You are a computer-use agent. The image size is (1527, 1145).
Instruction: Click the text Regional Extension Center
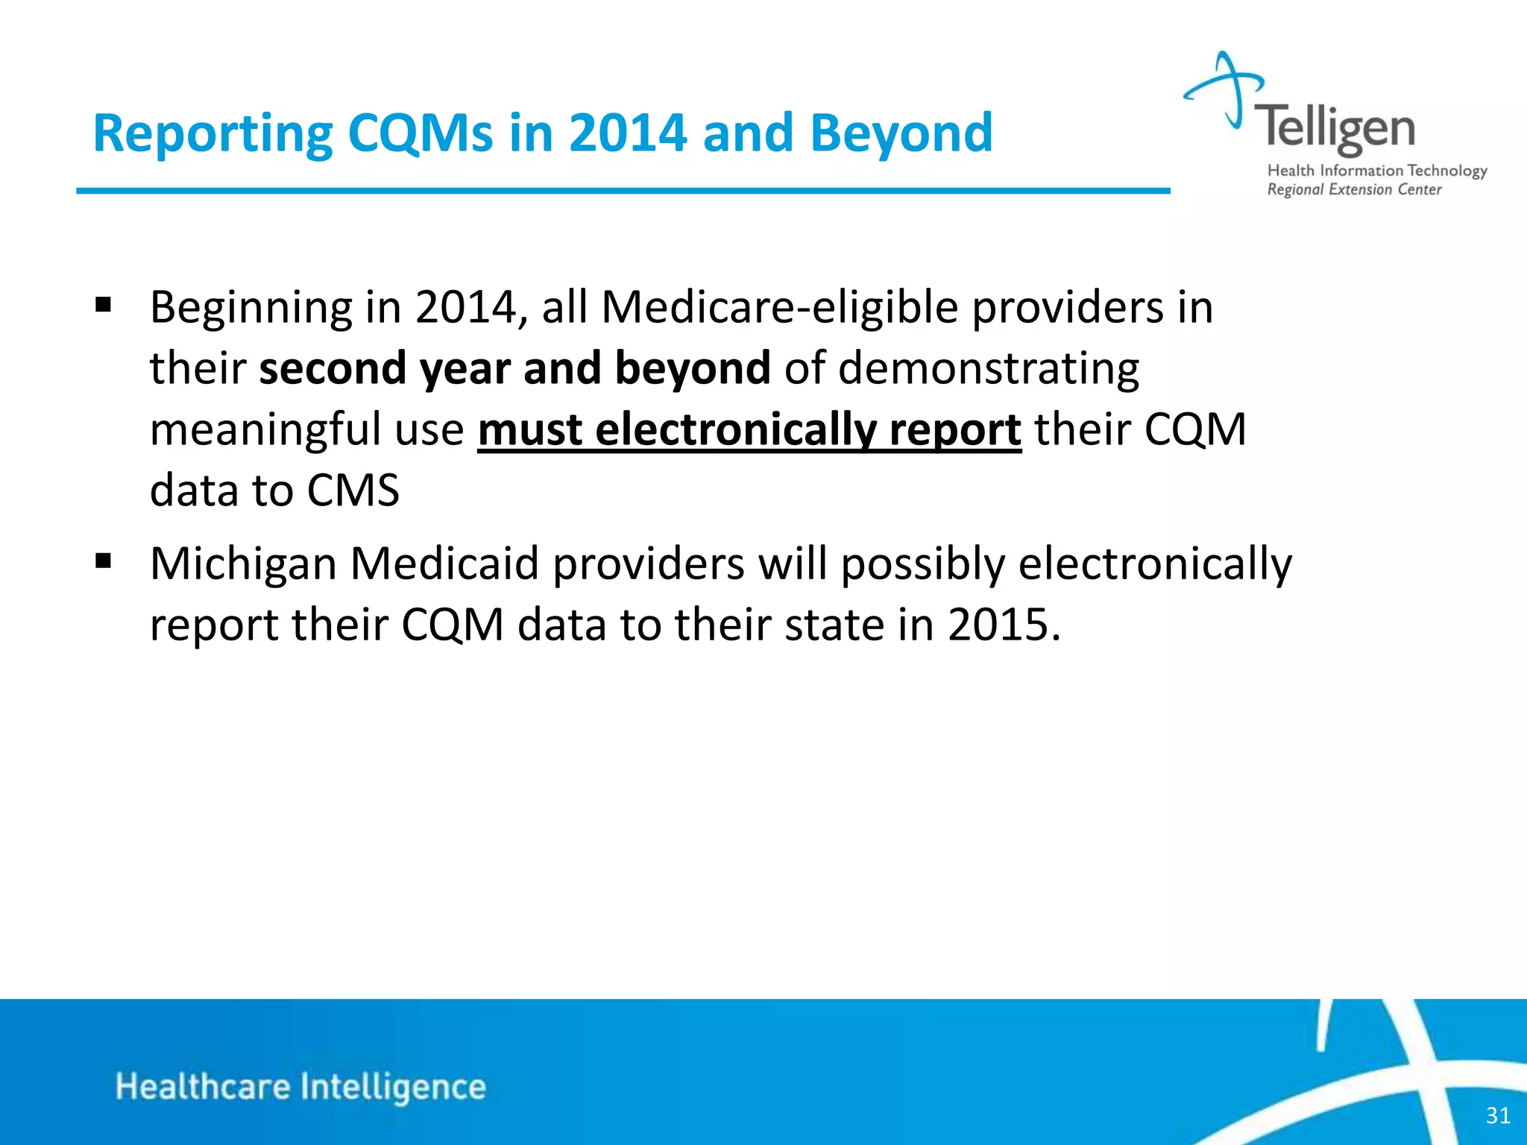pos(1354,190)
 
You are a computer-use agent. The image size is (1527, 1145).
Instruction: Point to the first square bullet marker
pos(104,305)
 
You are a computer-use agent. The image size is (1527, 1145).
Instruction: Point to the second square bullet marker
pos(104,561)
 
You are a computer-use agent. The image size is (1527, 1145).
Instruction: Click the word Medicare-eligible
pos(779,307)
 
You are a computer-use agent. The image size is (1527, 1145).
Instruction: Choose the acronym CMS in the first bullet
pos(353,491)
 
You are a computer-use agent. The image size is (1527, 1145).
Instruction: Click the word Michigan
pos(243,564)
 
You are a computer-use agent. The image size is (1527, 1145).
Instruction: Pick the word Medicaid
pos(444,564)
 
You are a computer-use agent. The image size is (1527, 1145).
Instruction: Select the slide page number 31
pos(1498,1115)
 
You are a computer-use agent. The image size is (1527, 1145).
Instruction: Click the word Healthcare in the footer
pos(203,1087)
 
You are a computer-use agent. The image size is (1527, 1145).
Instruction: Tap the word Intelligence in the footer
pos(393,1087)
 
